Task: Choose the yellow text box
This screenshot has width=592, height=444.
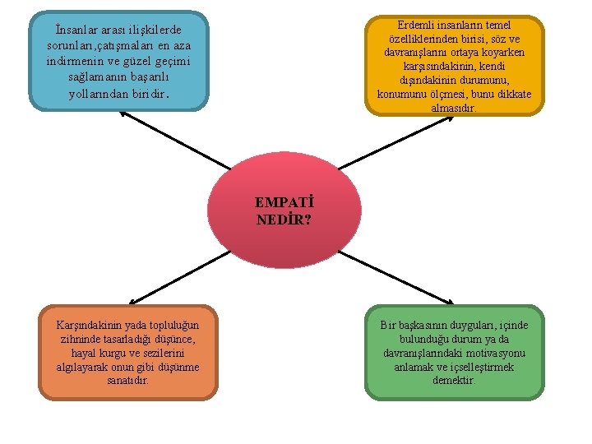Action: click(455, 66)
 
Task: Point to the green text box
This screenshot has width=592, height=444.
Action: click(454, 352)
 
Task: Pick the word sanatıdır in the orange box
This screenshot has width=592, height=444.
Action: click(128, 380)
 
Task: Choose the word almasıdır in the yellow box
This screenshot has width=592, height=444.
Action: click(453, 107)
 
